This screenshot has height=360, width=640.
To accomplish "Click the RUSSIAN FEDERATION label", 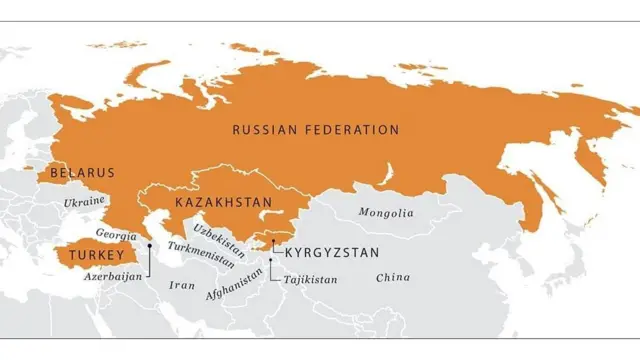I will pos(315,130).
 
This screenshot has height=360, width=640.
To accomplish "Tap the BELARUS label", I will pos(82,173).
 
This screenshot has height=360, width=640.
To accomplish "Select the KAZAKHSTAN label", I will pos(223,203).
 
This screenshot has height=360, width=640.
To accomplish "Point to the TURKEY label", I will pos(89,256).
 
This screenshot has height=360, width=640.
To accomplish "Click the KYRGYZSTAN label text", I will pos(332,253).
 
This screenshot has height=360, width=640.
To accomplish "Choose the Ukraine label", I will pos(84,202).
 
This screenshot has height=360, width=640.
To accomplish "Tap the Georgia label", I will pos(117,233).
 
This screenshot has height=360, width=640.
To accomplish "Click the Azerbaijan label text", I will pos(113,276).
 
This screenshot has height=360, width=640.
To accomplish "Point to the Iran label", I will pos(183,285).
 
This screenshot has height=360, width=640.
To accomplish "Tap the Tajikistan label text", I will pos(310,279).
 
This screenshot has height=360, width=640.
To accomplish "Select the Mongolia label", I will pos(386,213).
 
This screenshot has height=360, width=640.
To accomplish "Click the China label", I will pos(393,277).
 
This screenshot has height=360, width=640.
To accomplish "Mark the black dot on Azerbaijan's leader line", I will pos(149,245).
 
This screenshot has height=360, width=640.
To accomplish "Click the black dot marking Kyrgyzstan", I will pos(273,241).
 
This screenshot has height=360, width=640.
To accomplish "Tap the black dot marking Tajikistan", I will pos(270,261).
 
